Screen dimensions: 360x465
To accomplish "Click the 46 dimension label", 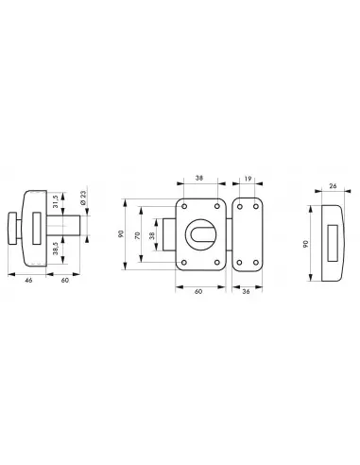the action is pos(28,280).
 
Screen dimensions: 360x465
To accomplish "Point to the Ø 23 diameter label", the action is pos(83,198).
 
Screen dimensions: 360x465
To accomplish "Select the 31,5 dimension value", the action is pos(56,201).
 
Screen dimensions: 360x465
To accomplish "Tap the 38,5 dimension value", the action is pos(56,249).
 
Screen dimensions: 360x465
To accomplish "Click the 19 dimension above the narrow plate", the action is pos(248,179).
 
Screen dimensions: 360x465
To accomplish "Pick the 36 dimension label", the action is pos(247,291).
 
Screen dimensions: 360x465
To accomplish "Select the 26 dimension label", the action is pos(333,186).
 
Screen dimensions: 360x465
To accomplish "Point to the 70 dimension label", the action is pos(137,235).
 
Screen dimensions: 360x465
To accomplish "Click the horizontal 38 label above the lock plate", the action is pos(199,178).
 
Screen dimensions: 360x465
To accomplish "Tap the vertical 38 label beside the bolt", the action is pos(152,235).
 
